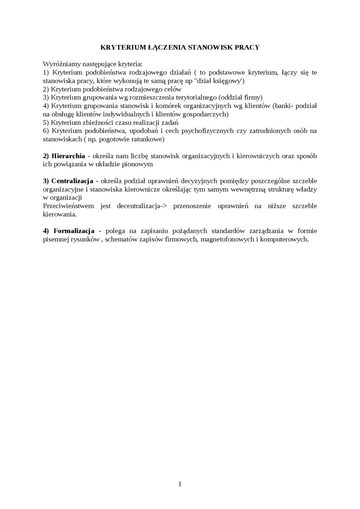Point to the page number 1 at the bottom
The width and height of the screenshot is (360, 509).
180,483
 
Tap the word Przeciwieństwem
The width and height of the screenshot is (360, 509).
69,206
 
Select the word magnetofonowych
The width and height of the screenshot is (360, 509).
227,239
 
